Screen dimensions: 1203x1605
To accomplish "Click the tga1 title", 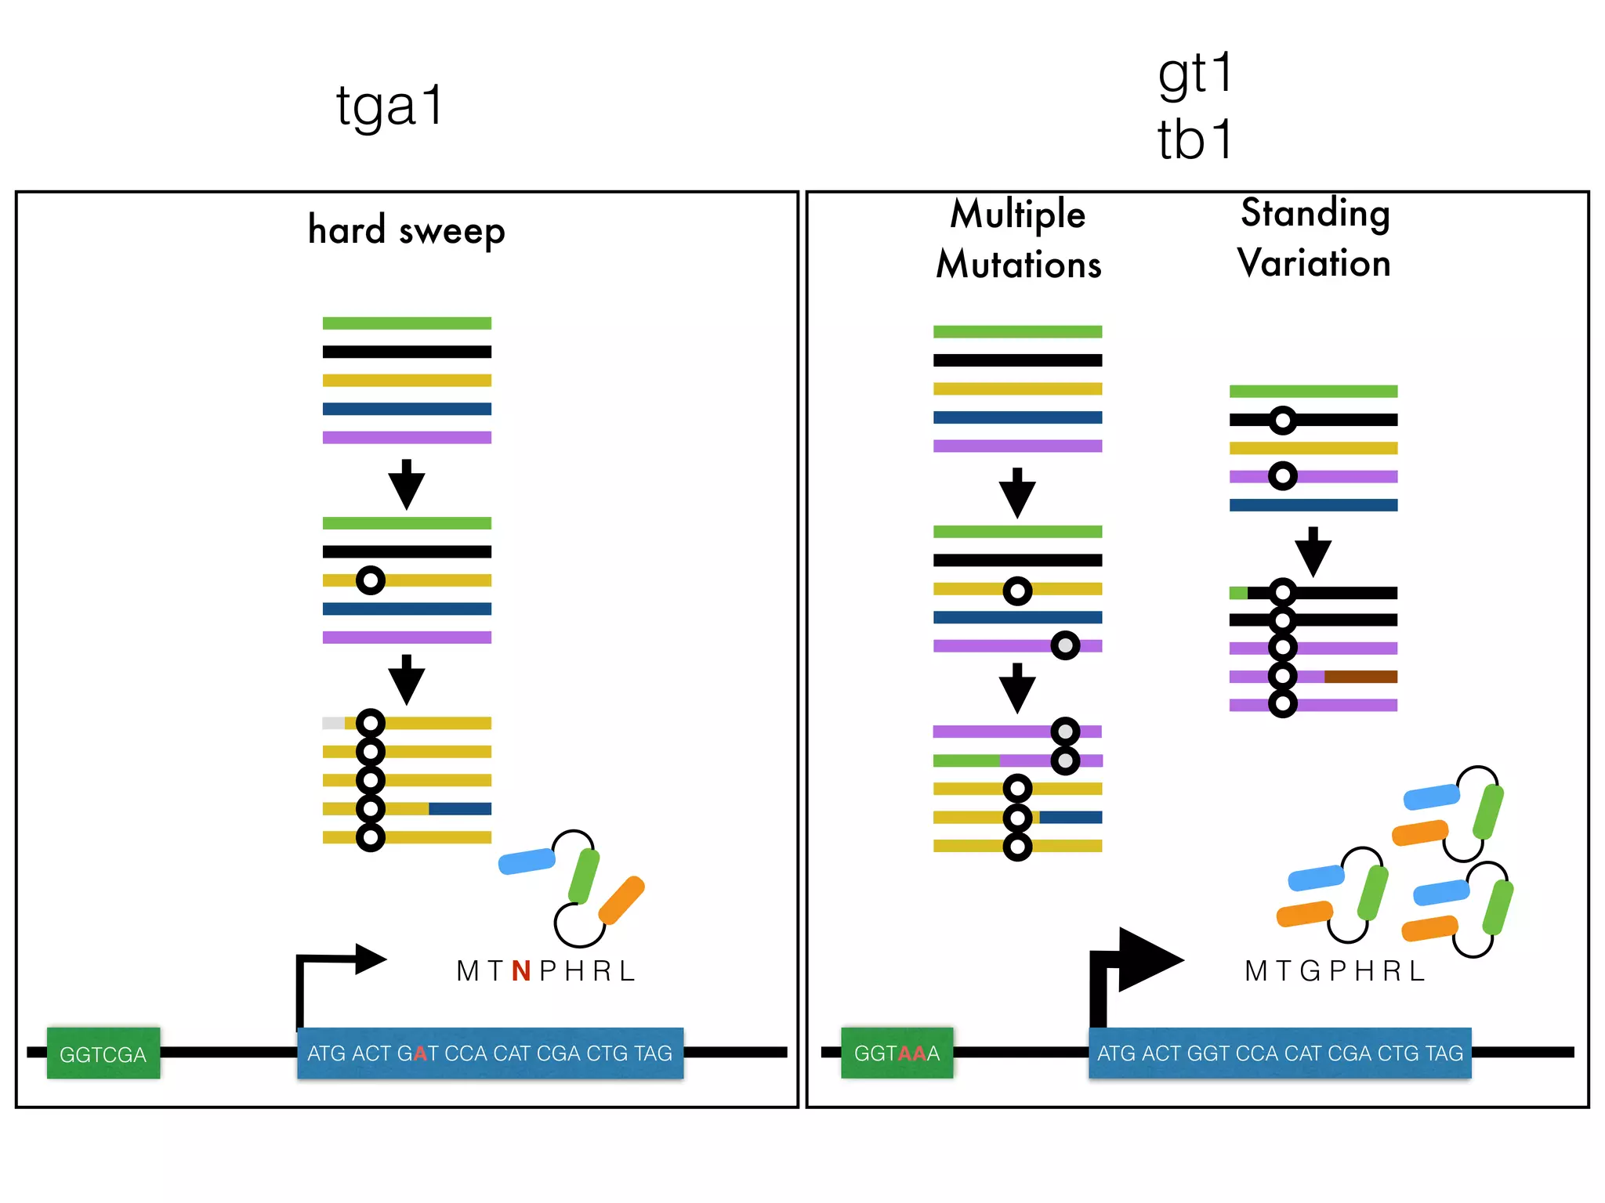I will click(389, 107).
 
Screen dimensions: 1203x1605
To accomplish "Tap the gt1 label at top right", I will click(1195, 74).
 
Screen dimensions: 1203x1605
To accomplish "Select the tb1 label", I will click(1195, 140).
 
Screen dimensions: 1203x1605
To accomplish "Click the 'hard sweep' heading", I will click(406, 230).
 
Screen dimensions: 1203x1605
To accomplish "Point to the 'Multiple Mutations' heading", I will click(1018, 239).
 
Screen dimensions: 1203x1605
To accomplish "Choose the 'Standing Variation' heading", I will click(1314, 237).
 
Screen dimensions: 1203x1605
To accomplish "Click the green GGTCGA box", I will click(103, 1053).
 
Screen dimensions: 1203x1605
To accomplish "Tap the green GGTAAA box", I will click(897, 1053).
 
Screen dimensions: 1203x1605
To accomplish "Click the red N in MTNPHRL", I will click(521, 971).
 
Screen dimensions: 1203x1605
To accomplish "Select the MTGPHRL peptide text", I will click(1335, 971).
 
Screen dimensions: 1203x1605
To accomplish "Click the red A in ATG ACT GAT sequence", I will click(421, 1053).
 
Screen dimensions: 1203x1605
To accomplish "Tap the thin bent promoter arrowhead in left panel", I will click(370, 959).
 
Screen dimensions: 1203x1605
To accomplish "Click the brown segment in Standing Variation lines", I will click(1360, 677).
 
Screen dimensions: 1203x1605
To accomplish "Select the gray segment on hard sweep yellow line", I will click(333, 723).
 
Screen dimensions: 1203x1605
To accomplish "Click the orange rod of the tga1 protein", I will click(621, 900).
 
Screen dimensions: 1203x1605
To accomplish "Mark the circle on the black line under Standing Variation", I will click(1282, 421).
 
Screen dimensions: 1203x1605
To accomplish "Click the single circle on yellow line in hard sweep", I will click(370, 580).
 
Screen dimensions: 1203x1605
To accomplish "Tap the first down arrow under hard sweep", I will click(406, 486).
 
